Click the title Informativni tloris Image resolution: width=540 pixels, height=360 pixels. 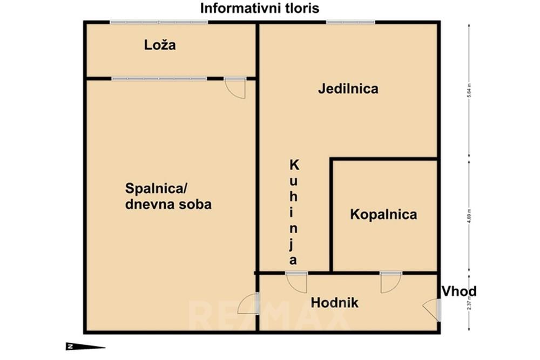pos(260,8)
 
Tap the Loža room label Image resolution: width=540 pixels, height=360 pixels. pos(160,45)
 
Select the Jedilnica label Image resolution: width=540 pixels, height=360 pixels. pos(348,89)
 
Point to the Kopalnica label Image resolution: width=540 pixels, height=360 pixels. pos(383,214)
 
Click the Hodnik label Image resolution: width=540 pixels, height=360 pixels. pos(335,303)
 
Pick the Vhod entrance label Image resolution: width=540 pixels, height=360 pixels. pos(459,292)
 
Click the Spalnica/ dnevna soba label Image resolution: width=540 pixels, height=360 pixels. pos(168,196)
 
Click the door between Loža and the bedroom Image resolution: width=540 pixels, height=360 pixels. pos(235,88)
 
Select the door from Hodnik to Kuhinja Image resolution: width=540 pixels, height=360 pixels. pos(296,282)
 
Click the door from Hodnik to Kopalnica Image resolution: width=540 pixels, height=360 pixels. pos(390,282)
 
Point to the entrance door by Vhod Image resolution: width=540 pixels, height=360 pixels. pos(431,310)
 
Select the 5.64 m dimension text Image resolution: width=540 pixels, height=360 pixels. pos(469,89)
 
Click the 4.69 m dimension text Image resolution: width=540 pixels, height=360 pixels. pos(469,214)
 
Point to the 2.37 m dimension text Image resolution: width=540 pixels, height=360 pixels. pos(469,303)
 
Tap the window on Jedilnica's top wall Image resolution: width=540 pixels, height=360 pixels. pos(350,22)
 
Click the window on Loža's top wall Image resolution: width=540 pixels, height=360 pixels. pos(159,22)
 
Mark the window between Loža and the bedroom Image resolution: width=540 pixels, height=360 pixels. pos(159,79)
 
